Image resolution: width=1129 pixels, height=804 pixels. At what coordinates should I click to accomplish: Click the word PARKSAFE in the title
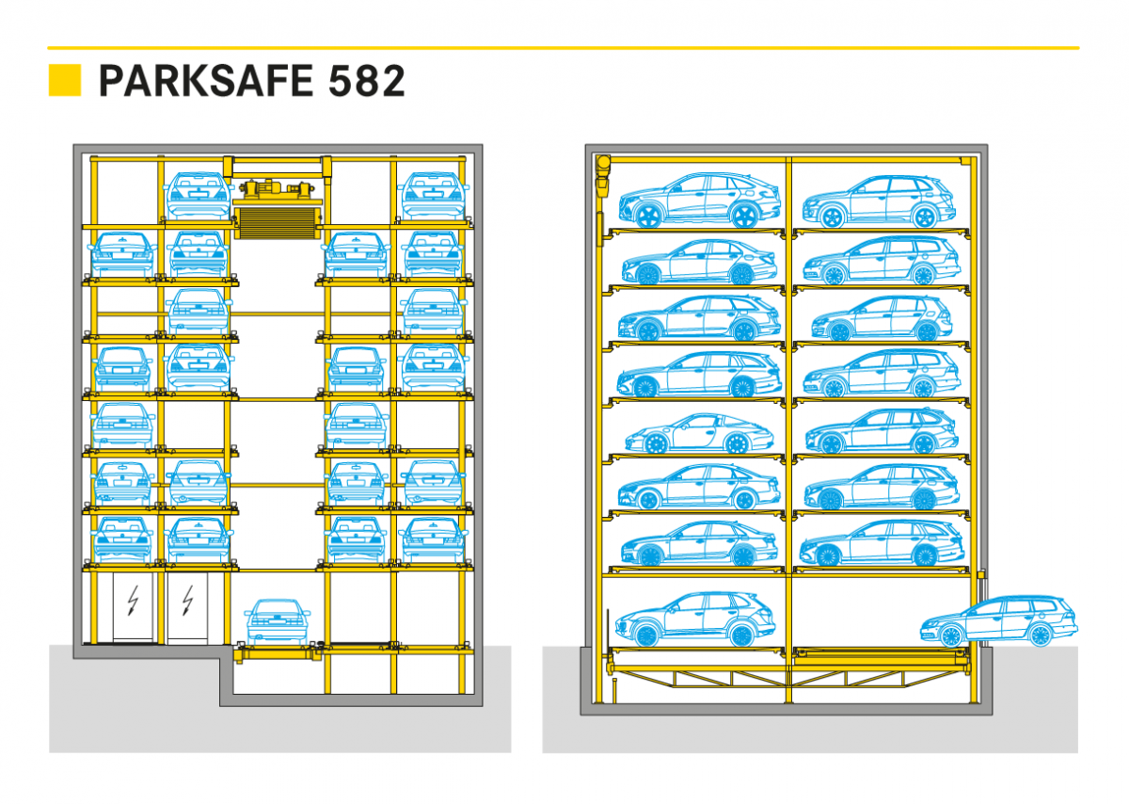206,81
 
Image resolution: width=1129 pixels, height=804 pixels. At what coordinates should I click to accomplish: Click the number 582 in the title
366,81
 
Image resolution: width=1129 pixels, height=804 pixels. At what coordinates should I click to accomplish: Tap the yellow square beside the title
65,80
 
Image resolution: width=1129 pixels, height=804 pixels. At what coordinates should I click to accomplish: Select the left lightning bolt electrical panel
133,607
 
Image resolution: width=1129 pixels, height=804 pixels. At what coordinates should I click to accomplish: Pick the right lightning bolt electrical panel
187,607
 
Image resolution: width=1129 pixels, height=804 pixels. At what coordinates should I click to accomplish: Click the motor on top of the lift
277,188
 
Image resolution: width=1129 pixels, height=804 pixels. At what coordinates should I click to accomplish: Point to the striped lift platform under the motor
278,223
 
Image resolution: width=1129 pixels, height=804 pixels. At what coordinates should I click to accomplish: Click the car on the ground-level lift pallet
278,622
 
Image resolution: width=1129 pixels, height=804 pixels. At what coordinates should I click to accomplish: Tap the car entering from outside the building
999,621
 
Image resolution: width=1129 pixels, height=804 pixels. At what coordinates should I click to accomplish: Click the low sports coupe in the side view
699,433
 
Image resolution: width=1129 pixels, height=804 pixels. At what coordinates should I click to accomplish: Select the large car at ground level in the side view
695,619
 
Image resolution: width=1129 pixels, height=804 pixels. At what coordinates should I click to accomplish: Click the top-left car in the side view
700,201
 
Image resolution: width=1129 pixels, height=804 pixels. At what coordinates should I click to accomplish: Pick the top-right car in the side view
879,201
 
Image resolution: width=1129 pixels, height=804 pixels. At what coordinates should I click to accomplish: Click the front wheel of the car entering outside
951,636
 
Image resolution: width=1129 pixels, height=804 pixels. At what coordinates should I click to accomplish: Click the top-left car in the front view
199,196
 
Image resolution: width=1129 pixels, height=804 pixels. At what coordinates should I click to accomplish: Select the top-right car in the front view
433,196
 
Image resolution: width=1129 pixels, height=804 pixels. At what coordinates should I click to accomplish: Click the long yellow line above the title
564,48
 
